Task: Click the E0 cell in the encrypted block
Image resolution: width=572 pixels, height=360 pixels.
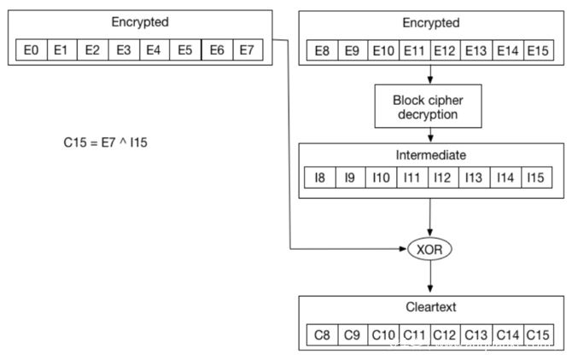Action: coord(32,50)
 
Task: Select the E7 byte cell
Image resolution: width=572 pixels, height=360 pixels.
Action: coord(248,50)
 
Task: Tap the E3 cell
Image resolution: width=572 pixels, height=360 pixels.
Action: coord(124,50)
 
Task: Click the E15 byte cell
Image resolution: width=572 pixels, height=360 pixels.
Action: coord(538,50)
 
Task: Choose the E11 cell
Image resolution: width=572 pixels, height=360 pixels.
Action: coord(414,50)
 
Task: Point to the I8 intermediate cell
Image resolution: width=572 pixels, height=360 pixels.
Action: coord(321,177)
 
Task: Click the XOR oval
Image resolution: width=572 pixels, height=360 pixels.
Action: coord(429,249)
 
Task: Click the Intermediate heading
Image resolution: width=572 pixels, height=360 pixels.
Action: coord(429,155)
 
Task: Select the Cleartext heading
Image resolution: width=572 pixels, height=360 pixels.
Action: coord(429,307)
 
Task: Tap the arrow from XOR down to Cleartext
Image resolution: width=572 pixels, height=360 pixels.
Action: coord(429,276)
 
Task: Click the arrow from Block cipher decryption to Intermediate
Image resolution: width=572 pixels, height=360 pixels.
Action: coord(429,135)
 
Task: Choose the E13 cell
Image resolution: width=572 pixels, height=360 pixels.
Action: coord(476,50)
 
